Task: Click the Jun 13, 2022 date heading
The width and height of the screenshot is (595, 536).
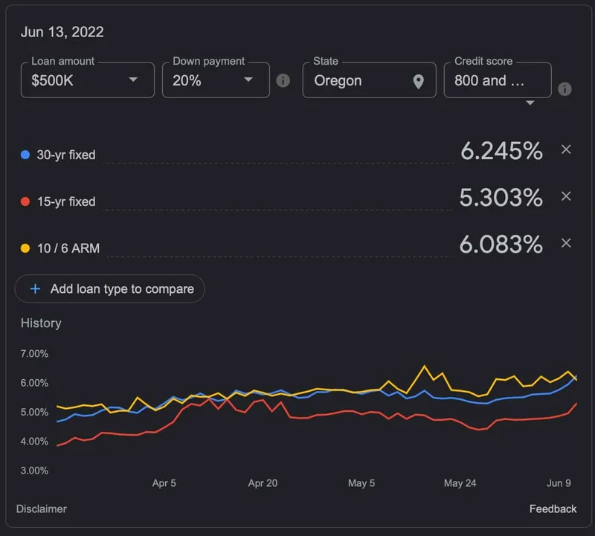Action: click(x=62, y=32)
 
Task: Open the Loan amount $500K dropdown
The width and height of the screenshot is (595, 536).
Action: click(x=87, y=80)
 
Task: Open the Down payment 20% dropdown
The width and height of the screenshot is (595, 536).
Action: click(x=215, y=80)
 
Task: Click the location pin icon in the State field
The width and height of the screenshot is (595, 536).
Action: click(x=419, y=81)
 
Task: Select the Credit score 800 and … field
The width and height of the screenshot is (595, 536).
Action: click(x=497, y=80)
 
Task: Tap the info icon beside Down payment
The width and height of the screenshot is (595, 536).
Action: click(x=283, y=81)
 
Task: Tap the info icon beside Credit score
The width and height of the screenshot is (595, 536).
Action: click(x=565, y=89)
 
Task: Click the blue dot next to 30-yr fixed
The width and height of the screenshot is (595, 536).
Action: click(x=25, y=155)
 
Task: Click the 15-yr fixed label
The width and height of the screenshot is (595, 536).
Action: click(x=66, y=201)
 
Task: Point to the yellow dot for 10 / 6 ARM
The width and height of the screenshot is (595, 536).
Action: click(x=25, y=248)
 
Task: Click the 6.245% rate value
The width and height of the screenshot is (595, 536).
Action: click(x=501, y=151)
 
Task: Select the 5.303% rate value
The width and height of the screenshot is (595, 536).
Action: click(x=501, y=197)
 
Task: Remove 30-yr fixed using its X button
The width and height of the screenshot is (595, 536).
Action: click(x=566, y=150)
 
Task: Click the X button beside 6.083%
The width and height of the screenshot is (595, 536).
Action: click(x=566, y=243)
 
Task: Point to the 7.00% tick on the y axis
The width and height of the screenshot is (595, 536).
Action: click(x=34, y=354)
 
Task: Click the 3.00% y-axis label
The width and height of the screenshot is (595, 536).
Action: click(x=34, y=471)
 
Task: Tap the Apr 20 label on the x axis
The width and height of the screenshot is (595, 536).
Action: click(x=263, y=483)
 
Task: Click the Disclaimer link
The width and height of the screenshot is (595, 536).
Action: click(x=42, y=509)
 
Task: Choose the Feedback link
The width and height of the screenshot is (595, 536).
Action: click(x=553, y=509)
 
